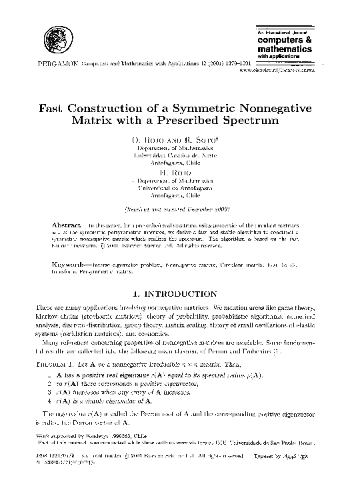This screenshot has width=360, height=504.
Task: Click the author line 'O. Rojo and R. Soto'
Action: tap(179, 139)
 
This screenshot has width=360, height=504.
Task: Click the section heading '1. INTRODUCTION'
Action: tap(179, 293)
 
